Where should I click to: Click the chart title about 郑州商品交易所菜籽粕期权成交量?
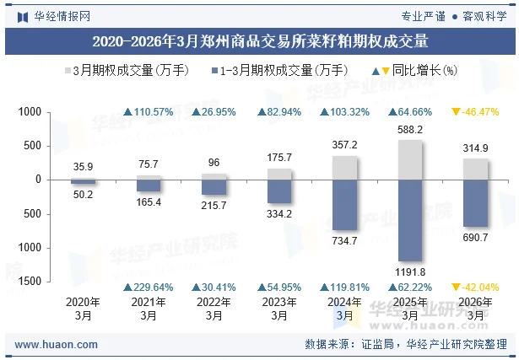click(x=259, y=40)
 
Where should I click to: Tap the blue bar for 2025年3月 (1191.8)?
click(x=410, y=220)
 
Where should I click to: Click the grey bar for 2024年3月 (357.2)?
click(x=344, y=167)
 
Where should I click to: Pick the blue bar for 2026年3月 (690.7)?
click(x=476, y=203)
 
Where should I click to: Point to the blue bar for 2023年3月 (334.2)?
click(x=278, y=191)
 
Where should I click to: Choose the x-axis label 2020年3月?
click(x=83, y=309)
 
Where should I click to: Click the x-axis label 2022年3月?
click(x=214, y=309)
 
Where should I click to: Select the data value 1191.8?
click(x=410, y=271)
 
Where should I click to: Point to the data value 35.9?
click(x=83, y=167)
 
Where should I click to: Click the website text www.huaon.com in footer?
click(x=57, y=344)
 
